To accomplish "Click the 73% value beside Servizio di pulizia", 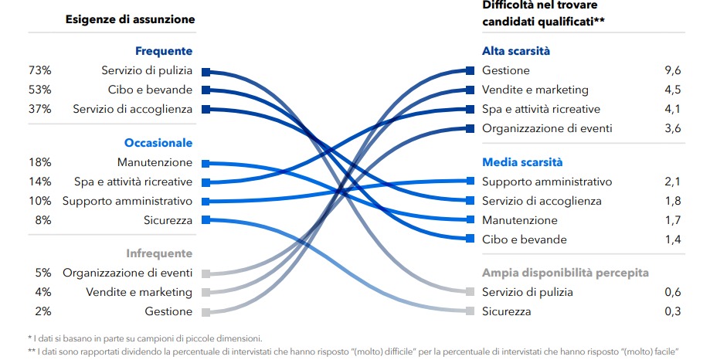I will (x=39, y=71).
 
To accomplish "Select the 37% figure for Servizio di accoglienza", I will (x=39, y=109).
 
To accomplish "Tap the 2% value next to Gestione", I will (x=42, y=311).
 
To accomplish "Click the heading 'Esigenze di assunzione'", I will (x=130, y=19).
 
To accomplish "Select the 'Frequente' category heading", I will (x=163, y=51).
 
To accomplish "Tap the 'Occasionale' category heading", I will (x=158, y=143).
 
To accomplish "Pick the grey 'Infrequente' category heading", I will (x=158, y=253).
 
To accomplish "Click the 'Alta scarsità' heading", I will (x=516, y=51).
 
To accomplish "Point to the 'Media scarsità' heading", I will (x=522, y=162).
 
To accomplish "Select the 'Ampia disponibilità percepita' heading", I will (x=565, y=273).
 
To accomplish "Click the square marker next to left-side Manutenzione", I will (x=206, y=163).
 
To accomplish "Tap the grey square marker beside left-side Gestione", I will (x=206, y=312).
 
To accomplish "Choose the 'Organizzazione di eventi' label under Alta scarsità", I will (x=547, y=128).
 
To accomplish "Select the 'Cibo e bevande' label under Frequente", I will (x=150, y=90).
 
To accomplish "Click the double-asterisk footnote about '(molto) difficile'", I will (x=352, y=351).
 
